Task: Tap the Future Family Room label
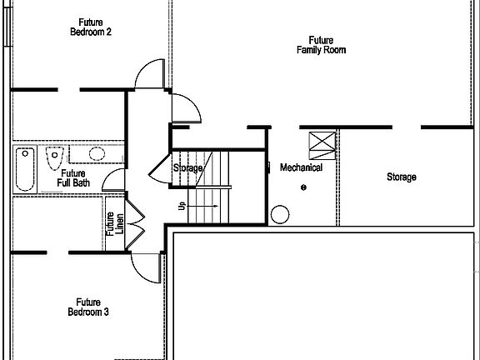[x=321, y=45]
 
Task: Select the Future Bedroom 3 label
[x=88, y=307]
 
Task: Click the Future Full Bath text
[x=74, y=178]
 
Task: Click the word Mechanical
[x=301, y=167]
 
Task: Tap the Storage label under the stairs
[x=187, y=168]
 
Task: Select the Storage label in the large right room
[x=402, y=177]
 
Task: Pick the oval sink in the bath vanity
[x=97, y=153]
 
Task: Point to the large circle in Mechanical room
[x=279, y=215]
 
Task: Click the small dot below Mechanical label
[x=304, y=187]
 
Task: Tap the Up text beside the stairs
[x=181, y=205]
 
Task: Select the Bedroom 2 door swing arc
[x=151, y=73]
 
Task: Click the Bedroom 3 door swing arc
[x=145, y=266]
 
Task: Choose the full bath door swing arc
[x=112, y=182]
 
